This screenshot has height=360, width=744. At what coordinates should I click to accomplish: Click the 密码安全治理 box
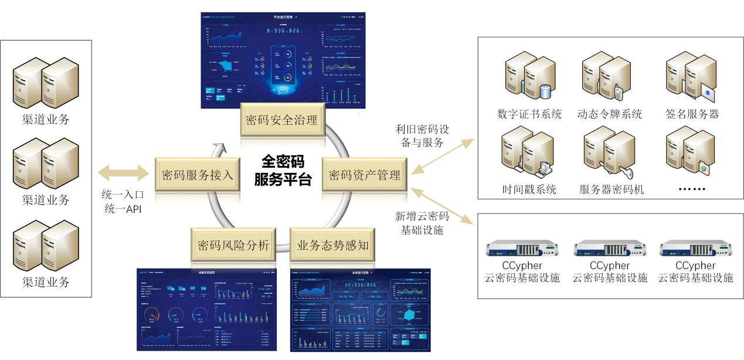(x=282, y=120)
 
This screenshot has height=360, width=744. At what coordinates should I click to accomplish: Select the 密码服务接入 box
(x=198, y=174)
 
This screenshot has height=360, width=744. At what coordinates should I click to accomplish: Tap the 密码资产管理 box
(x=364, y=174)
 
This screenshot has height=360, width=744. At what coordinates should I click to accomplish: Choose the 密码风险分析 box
(x=233, y=244)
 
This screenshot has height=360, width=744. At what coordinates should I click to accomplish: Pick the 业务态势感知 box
(x=333, y=244)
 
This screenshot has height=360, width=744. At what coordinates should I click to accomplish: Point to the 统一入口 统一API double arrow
(x=124, y=172)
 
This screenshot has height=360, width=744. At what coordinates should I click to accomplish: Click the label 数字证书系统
(x=529, y=114)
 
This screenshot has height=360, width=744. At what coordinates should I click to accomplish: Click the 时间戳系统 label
(x=529, y=189)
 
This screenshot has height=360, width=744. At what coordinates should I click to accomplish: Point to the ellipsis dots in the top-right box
(x=691, y=189)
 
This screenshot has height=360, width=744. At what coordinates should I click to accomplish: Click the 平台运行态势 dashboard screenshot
(x=283, y=60)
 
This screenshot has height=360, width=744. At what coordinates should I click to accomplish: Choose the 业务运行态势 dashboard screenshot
(x=360, y=310)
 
